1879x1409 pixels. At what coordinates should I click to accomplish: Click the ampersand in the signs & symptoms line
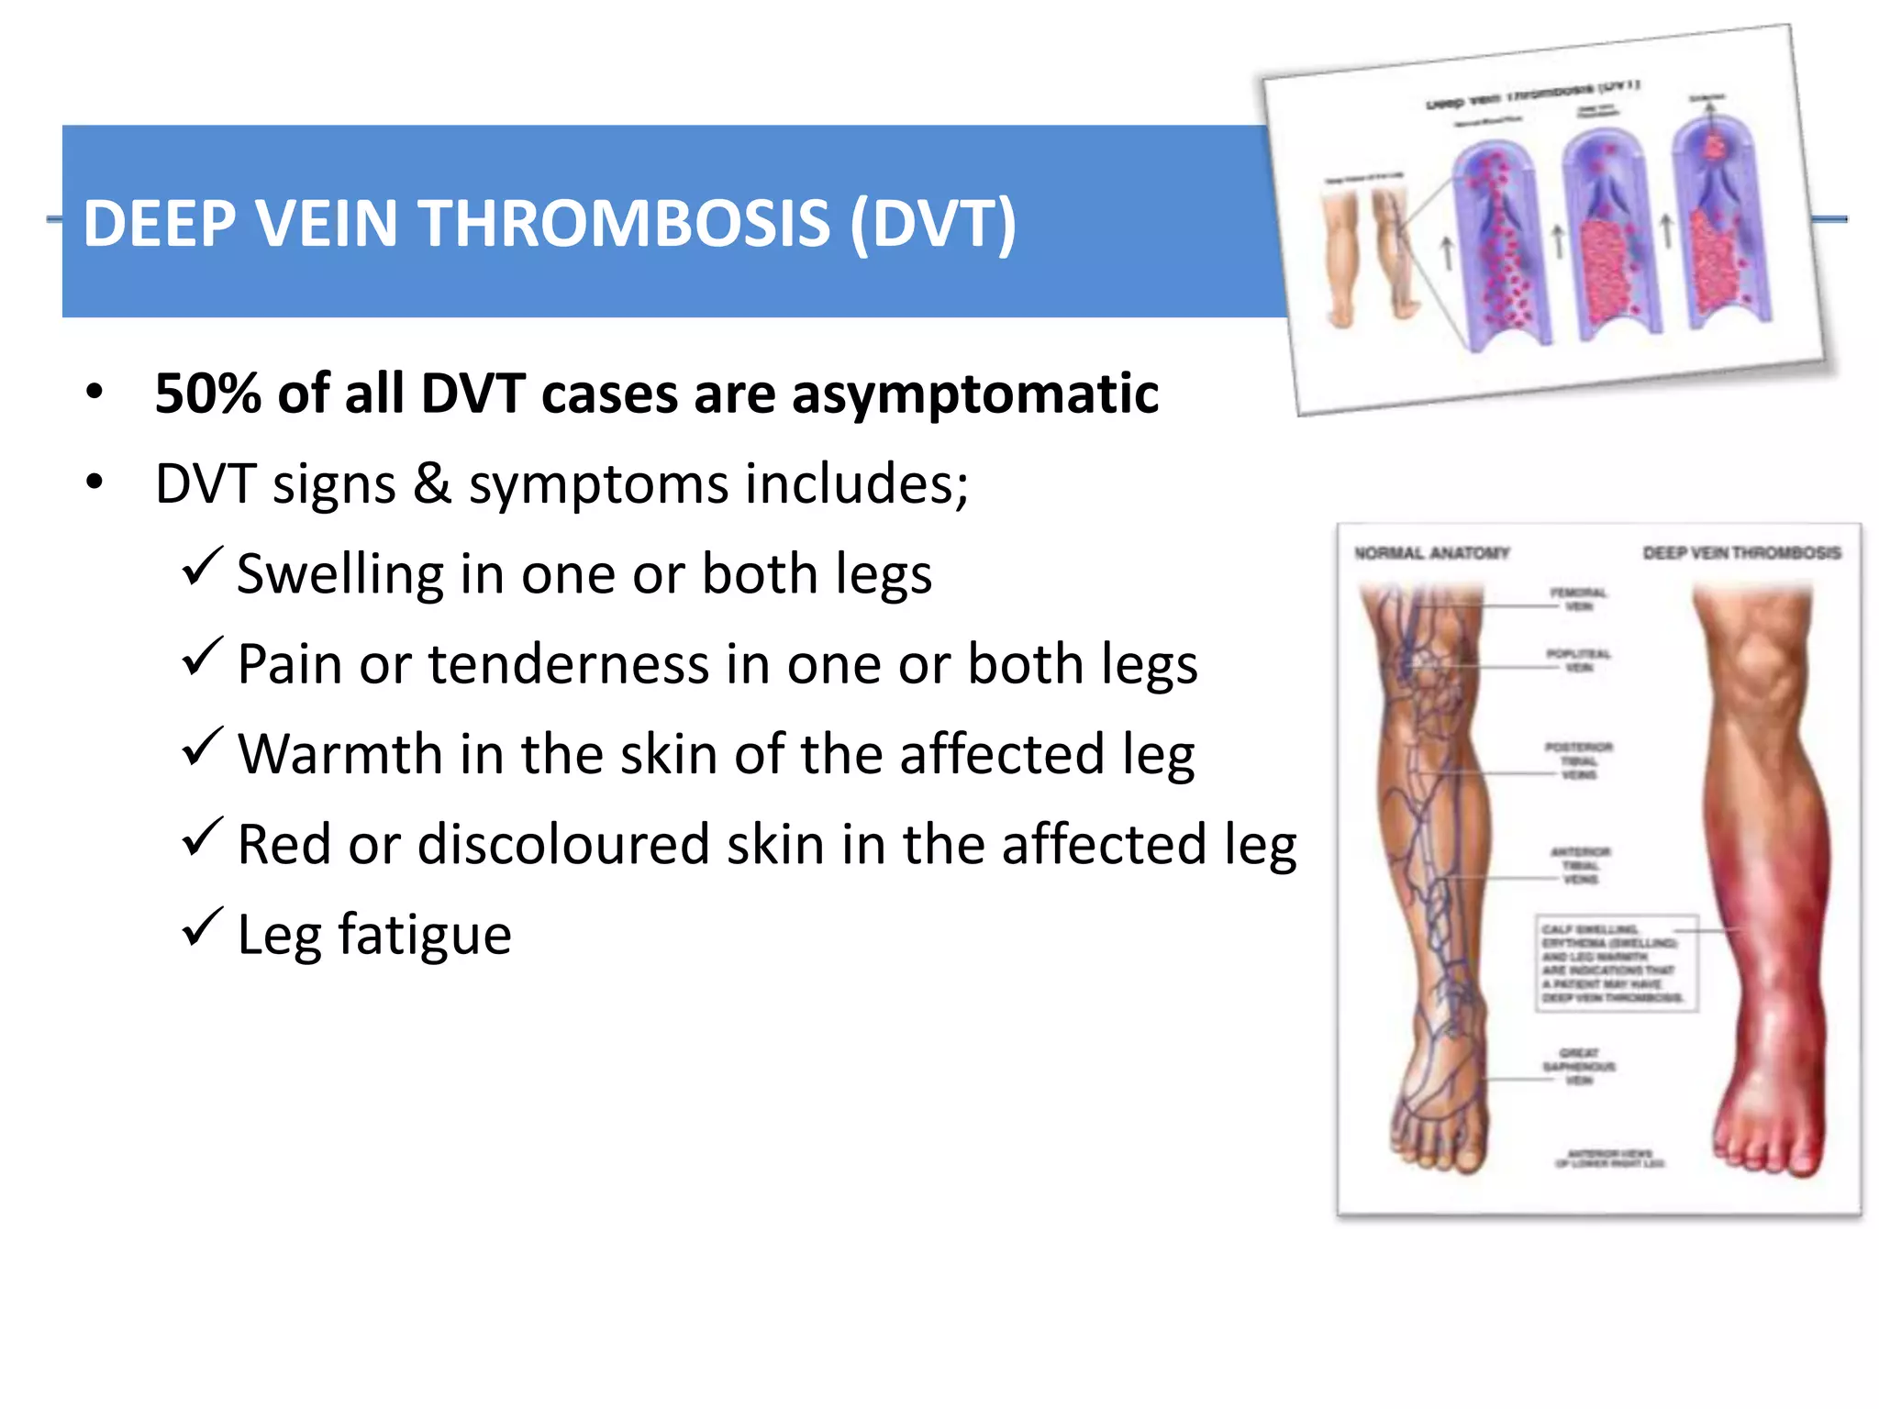tap(432, 484)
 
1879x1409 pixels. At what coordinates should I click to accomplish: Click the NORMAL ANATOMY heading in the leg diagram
tap(1431, 553)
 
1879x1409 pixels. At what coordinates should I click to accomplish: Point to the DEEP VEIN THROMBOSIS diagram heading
tap(1741, 553)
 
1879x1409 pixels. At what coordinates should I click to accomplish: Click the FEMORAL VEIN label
tap(1578, 599)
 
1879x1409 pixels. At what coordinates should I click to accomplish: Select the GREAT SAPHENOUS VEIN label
tap(1578, 1066)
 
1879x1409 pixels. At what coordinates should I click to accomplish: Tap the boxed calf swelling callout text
tap(1615, 963)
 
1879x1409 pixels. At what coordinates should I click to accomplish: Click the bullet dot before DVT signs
tap(95, 483)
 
